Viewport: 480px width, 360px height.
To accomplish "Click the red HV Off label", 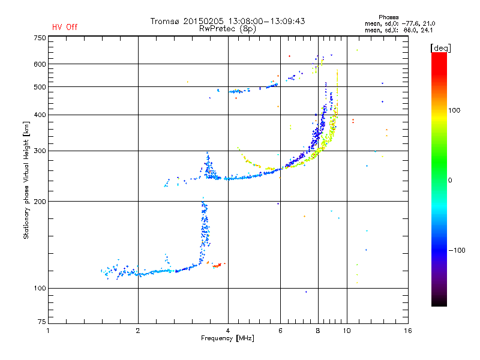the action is coord(65,27).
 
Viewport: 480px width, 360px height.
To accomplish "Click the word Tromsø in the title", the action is coord(165,21).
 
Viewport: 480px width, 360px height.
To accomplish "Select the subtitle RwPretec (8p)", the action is coord(227,29).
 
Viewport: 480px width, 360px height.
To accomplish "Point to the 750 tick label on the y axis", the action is coord(40,38).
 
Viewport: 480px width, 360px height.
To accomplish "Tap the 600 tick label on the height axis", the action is coord(40,64).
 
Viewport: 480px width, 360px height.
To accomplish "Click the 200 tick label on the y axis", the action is coord(40,202).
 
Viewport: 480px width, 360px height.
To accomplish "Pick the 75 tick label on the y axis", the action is coord(42,322).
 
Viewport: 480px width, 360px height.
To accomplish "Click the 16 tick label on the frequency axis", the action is coord(408,331).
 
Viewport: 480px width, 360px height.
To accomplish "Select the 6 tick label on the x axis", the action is coord(280,331).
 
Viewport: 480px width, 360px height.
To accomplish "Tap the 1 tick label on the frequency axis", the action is coord(48,331).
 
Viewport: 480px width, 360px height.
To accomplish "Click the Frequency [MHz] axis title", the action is coord(227,338).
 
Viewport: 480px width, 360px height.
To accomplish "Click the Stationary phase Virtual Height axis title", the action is coord(26,181).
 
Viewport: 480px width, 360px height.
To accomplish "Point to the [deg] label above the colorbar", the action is coord(440,48).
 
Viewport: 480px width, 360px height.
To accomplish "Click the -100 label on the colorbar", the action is coord(457,250).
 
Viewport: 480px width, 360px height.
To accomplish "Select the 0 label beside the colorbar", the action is coord(450,181).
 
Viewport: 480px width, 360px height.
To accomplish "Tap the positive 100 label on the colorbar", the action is coord(454,110).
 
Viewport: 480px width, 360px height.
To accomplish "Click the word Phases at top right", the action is coord(388,17).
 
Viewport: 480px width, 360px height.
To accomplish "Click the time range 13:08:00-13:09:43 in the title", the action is coord(266,21).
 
